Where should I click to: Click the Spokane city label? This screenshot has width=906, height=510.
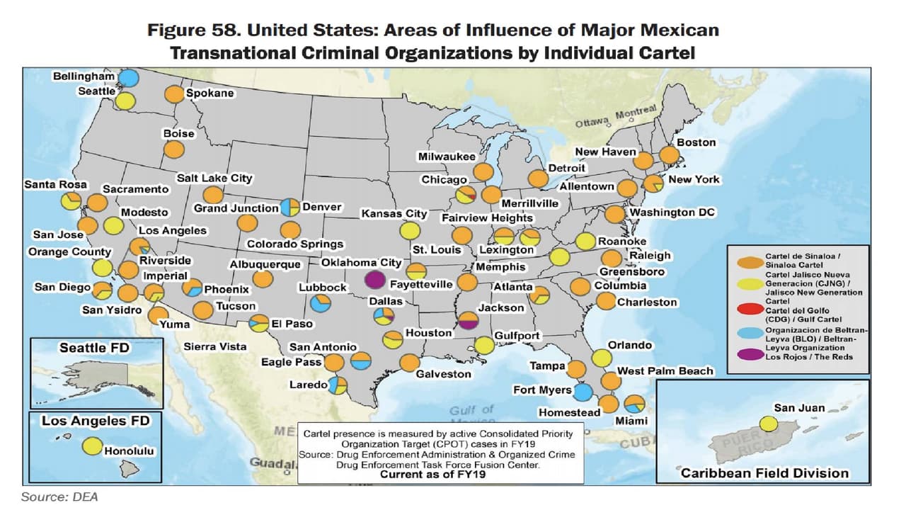210,93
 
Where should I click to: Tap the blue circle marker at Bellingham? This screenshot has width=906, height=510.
128,78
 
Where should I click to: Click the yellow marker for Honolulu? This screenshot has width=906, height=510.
91,446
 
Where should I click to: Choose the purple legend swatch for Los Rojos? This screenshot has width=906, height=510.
747,356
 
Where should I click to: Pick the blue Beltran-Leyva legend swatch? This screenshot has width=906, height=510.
747,333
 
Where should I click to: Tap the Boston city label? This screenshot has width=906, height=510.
696,142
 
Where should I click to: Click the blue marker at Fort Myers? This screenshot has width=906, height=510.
583,391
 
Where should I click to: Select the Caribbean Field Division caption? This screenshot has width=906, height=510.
764,473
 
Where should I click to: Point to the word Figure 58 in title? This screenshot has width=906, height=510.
191,30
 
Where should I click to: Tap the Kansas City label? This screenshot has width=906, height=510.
394,213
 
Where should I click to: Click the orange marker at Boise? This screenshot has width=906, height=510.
173,149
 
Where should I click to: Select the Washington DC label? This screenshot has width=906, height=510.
673,212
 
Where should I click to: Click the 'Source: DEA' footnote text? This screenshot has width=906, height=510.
59,497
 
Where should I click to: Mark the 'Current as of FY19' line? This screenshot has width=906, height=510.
433,475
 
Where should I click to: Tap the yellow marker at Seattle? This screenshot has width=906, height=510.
126,101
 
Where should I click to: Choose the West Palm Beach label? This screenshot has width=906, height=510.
665,371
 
